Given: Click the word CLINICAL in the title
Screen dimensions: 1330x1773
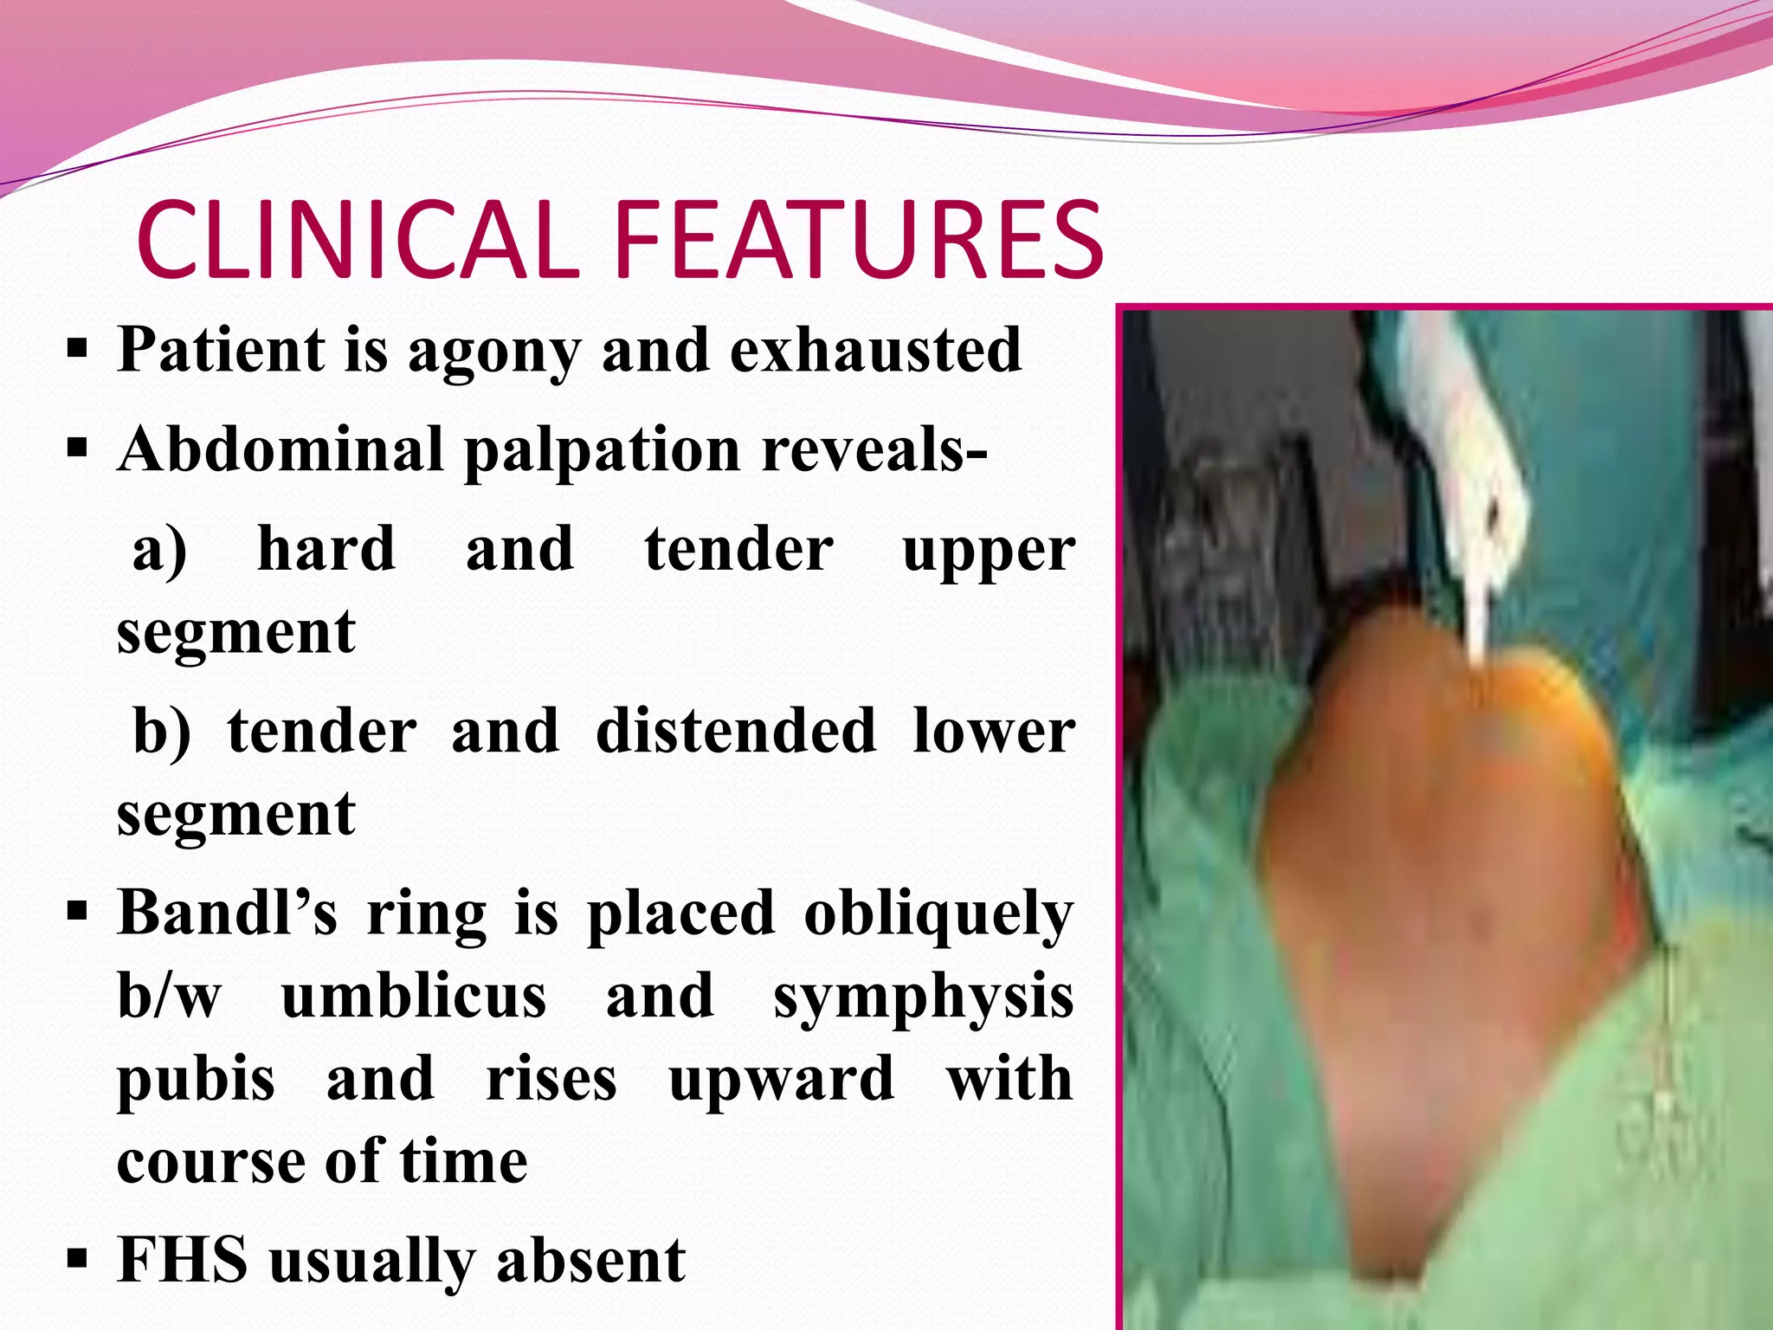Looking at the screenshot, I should [357, 240].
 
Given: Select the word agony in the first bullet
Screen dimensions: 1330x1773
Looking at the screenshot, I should [494, 352].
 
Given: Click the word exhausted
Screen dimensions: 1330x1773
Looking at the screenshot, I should [875, 350].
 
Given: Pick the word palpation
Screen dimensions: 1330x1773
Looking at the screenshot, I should [602, 452].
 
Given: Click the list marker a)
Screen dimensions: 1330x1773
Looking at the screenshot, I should [159, 551].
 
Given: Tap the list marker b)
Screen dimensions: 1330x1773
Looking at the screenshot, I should [162, 733].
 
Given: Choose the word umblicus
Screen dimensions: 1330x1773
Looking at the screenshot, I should [414, 997].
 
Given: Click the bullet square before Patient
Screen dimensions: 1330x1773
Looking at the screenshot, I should [77, 351].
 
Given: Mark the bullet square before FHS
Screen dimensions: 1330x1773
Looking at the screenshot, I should [77, 1257].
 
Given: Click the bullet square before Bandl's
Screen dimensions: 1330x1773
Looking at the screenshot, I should [77, 912].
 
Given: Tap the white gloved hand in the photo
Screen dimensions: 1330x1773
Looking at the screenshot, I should [1463, 485].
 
